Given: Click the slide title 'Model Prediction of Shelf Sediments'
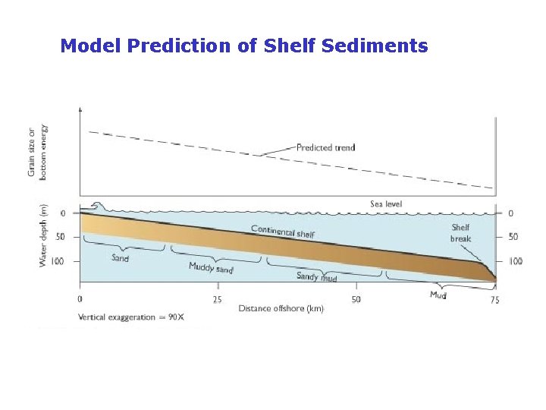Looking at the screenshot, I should (x=243, y=46).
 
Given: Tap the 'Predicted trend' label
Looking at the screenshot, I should (x=325, y=147).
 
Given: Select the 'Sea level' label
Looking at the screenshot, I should (x=386, y=203).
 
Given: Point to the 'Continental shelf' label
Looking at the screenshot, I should (x=282, y=232).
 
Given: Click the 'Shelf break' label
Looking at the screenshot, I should (x=461, y=232).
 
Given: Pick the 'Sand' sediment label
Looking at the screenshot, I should (x=120, y=258).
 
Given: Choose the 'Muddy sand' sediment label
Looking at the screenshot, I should (x=211, y=268).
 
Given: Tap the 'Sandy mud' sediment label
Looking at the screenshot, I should (x=316, y=277).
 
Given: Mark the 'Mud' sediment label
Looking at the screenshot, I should (x=438, y=295).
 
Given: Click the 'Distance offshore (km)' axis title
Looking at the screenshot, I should (x=281, y=308).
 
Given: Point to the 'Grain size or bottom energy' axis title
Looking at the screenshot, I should (x=37, y=150).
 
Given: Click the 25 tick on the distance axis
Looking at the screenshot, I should (x=217, y=299).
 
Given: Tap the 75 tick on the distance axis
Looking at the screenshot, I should (x=494, y=300).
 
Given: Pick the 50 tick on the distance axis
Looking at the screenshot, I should (x=356, y=299).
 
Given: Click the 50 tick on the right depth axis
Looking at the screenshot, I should (x=513, y=237).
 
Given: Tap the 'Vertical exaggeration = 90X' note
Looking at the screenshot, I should (x=130, y=317).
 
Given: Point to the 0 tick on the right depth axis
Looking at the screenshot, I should (x=510, y=213).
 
